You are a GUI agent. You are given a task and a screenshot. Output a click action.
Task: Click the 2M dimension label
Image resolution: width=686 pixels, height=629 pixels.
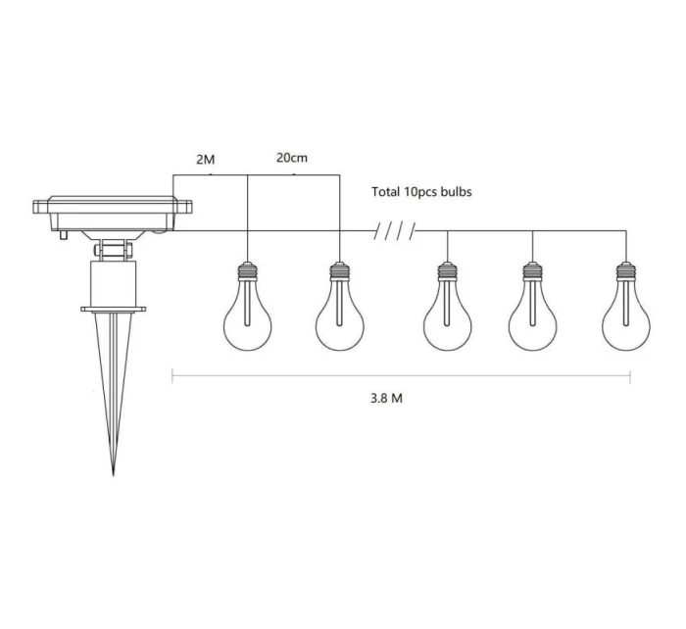(205, 160)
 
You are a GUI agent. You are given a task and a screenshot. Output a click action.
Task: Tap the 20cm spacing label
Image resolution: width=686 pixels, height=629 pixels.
(292, 158)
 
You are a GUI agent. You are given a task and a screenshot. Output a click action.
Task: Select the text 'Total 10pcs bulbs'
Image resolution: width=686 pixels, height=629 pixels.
(421, 192)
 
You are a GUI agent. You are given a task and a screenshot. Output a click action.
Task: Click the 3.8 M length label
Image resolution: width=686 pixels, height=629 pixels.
(386, 398)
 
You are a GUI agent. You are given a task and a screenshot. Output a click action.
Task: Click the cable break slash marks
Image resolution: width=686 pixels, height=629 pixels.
(395, 231)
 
